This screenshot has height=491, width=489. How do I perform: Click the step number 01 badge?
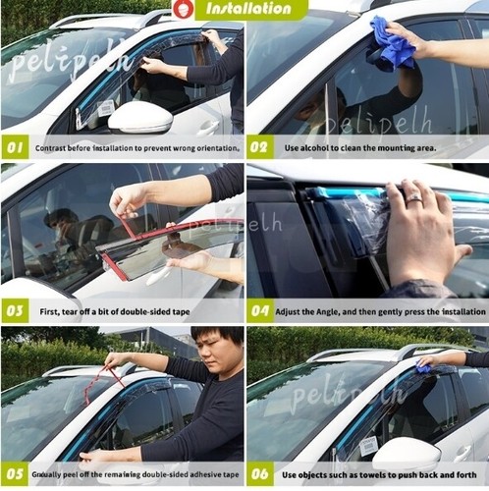(15, 148)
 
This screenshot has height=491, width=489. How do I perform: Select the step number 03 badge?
(15, 312)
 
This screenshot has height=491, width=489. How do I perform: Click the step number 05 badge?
(15, 474)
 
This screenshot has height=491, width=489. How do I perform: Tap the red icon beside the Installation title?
(182, 11)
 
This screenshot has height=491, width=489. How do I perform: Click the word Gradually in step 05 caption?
(52, 474)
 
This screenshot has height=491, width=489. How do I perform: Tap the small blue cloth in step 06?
(423, 366)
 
